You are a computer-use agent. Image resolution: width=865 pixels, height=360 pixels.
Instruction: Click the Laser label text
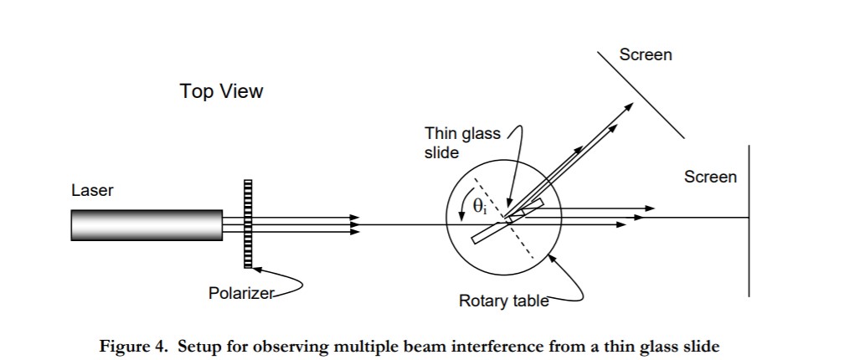[92, 191]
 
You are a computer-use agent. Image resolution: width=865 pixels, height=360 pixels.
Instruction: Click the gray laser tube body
[147, 224]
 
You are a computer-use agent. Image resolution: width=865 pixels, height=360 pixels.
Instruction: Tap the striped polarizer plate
[248, 224]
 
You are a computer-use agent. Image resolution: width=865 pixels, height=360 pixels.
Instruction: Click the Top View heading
[221, 91]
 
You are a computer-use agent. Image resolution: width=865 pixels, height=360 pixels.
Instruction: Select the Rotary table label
[503, 301]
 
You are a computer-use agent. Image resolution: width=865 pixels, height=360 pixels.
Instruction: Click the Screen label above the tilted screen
[646, 55]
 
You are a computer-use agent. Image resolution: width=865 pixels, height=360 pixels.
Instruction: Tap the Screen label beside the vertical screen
[710, 177]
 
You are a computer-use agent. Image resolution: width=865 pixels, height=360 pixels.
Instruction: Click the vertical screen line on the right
[749, 251]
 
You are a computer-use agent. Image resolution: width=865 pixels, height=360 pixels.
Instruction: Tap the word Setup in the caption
[198, 346]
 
